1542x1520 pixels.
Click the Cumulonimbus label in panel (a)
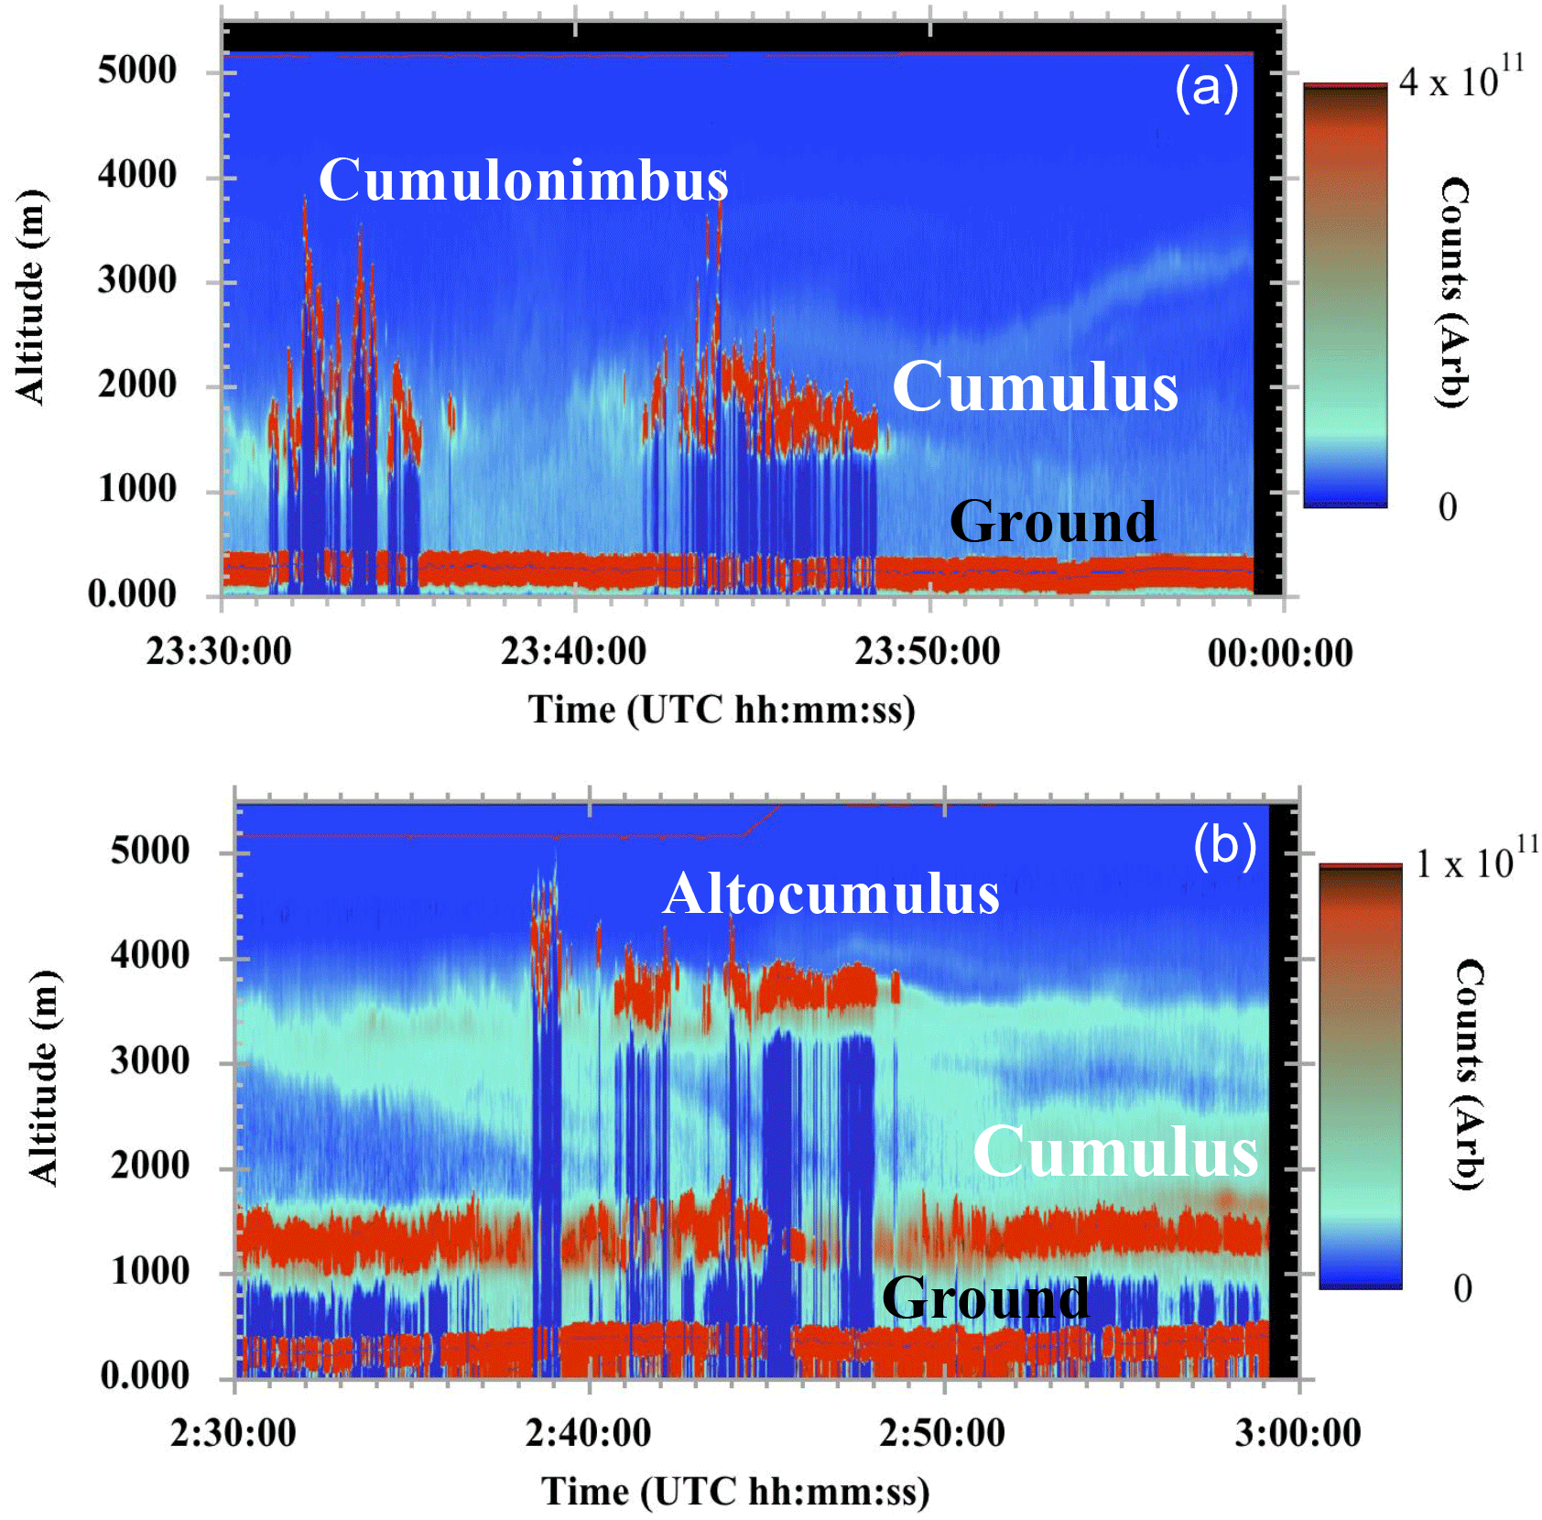click(523, 179)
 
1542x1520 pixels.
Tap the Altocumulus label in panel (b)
click(831, 894)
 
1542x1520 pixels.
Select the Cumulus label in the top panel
click(1035, 386)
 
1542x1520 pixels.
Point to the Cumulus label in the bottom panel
click(1115, 1151)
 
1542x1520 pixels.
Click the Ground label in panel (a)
click(1053, 522)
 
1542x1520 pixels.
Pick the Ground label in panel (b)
click(985, 1297)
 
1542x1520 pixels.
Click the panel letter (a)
click(1206, 88)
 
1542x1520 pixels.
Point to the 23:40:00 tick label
click(573, 652)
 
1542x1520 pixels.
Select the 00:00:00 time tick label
click(1280, 654)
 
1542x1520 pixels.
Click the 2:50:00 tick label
click(942, 1433)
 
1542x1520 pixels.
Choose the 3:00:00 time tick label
click(1298, 1433)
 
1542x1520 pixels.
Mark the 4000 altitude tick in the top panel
click(137, 174)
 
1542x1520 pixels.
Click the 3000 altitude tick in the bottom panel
click(150, 1061)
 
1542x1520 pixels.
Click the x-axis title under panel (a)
click(722, 711)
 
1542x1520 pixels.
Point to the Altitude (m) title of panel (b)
click(43, 1078)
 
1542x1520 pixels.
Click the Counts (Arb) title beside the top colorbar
click(1454, 292)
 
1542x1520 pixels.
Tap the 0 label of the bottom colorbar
click(1462, 1288)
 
